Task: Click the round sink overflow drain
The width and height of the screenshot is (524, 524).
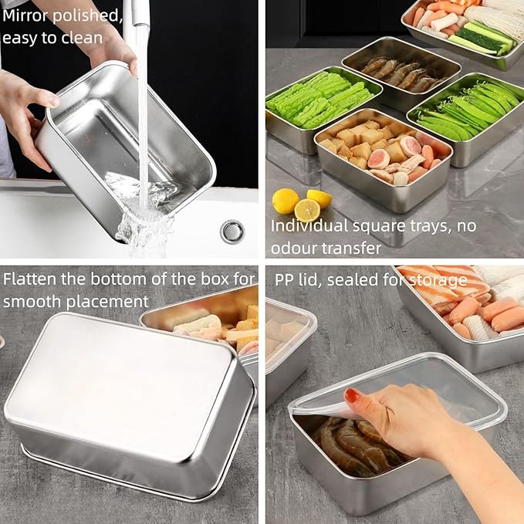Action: [x=232, y=232]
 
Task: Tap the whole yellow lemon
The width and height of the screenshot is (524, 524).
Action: [x=285, y=201]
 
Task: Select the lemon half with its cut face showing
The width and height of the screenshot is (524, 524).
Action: [x=307, y=211]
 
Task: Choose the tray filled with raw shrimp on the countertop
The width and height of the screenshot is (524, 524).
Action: [x=401, y=73]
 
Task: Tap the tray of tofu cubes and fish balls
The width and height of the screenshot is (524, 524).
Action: [x=383, y=157]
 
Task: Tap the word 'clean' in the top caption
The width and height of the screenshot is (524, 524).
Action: [x=83, y=38]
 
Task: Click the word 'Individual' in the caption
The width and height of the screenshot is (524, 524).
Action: [x=309, y=226]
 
